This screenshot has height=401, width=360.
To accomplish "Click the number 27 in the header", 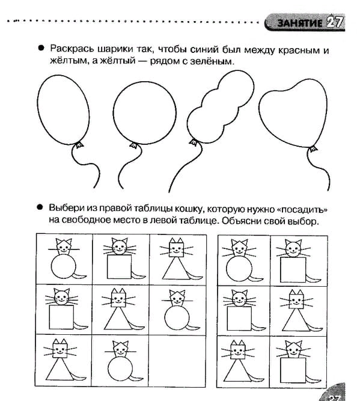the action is pos(334,22).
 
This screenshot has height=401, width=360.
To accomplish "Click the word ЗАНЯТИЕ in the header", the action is pos(300,23).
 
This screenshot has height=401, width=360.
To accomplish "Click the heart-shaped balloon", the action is pos(293,113).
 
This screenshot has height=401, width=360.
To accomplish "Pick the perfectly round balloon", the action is pos(145,113).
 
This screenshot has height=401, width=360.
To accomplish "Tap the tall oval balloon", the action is pos(64,109).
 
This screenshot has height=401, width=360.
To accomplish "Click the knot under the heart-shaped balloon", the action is pos(313,149).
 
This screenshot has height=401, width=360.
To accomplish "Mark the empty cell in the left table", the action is pos(177,360).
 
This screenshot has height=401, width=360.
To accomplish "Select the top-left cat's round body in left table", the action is pos(64,266).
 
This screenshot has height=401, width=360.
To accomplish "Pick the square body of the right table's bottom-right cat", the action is pos(293,370).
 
